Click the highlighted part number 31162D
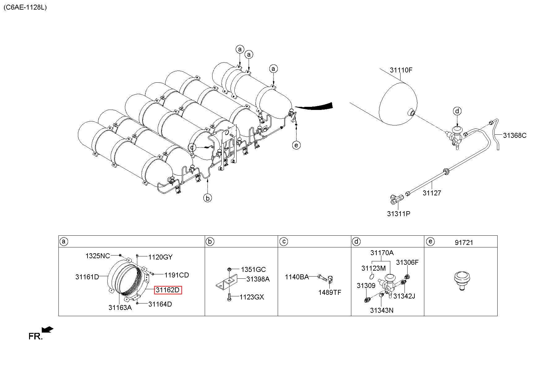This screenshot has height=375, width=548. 168,290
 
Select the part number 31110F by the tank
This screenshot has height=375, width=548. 401,70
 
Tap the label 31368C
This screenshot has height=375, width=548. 515,135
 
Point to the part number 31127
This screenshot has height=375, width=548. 432,193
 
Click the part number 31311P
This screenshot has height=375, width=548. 399,214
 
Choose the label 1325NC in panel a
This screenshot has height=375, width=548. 98,256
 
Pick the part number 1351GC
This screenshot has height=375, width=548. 253,269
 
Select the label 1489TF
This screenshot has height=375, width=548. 330,292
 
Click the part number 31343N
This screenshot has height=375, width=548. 382,310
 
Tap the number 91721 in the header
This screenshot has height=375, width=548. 464,243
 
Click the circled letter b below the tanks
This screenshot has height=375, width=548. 208,198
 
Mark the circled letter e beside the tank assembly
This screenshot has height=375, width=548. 296,145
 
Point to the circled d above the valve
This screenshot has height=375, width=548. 457,111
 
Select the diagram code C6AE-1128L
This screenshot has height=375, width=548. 25,7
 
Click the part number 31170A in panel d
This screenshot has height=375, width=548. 382,253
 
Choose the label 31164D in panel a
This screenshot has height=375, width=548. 160,304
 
